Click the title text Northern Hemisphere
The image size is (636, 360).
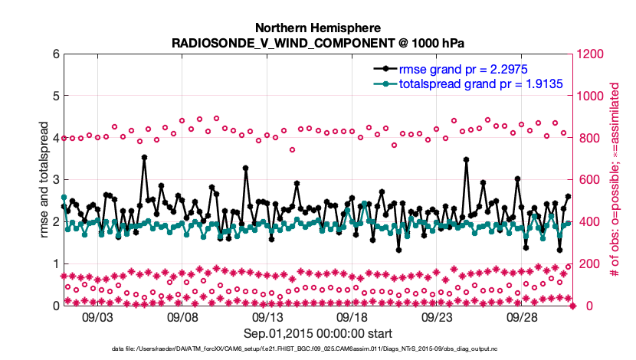pyautogui.click(x=317, y=27)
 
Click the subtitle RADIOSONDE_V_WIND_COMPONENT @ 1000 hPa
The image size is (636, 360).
pyautogui.click(x=317, y=42)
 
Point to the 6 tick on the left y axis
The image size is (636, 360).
pyautogui.click(x=56, y=54)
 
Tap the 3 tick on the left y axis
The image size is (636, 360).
pyautogui.click(x=56, y=180)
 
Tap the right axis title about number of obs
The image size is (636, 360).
pyautogui.click(x=615, y=180)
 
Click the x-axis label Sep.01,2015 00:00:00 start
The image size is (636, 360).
pyautogui.click(x=318, y=333)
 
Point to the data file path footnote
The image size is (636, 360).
pyautogui.click(x=317, y=349)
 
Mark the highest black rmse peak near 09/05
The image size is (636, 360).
pyautogui.click(x=144, y=158)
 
